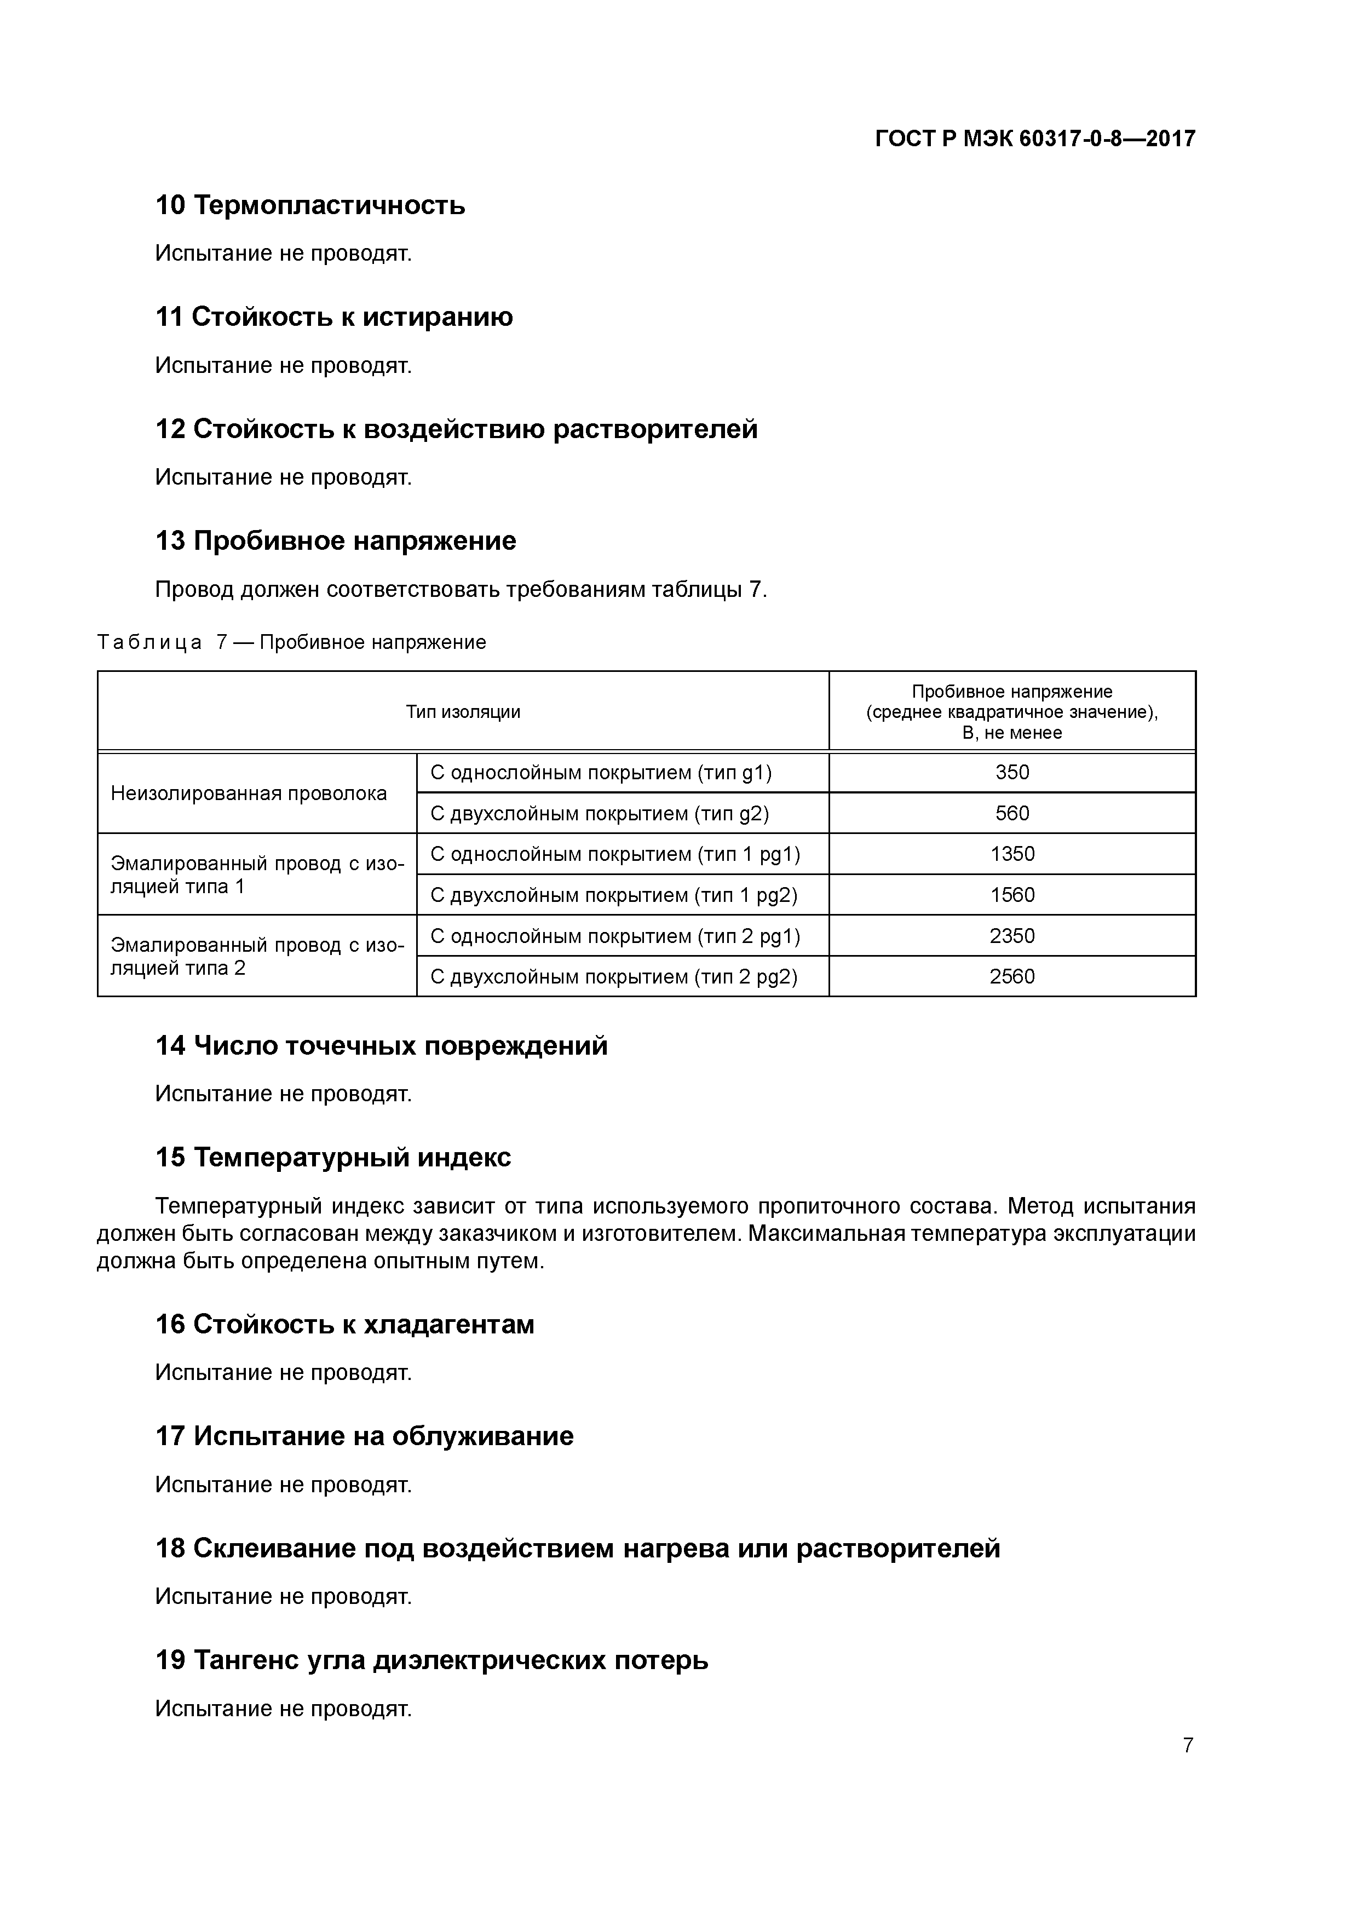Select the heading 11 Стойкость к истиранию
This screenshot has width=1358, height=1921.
pyautogui.click(x=334, y=317)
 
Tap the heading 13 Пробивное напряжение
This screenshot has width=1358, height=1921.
pyautogui.click(x=336, y=542)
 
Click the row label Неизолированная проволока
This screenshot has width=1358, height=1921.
pyautogui.click(x=249, y=793)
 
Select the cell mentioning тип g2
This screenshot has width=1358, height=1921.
pyautogui.click(x=599, y=813)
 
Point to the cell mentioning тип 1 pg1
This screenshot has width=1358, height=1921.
pyautogui.click(x=615, y=854)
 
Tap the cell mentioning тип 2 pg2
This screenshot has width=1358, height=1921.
pyautogui.click(x=613, y=976)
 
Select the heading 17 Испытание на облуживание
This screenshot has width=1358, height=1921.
pyautogui.click(x=364, y=1436)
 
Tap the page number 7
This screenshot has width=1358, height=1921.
pyautogui.click(x=1187, y=1745)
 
